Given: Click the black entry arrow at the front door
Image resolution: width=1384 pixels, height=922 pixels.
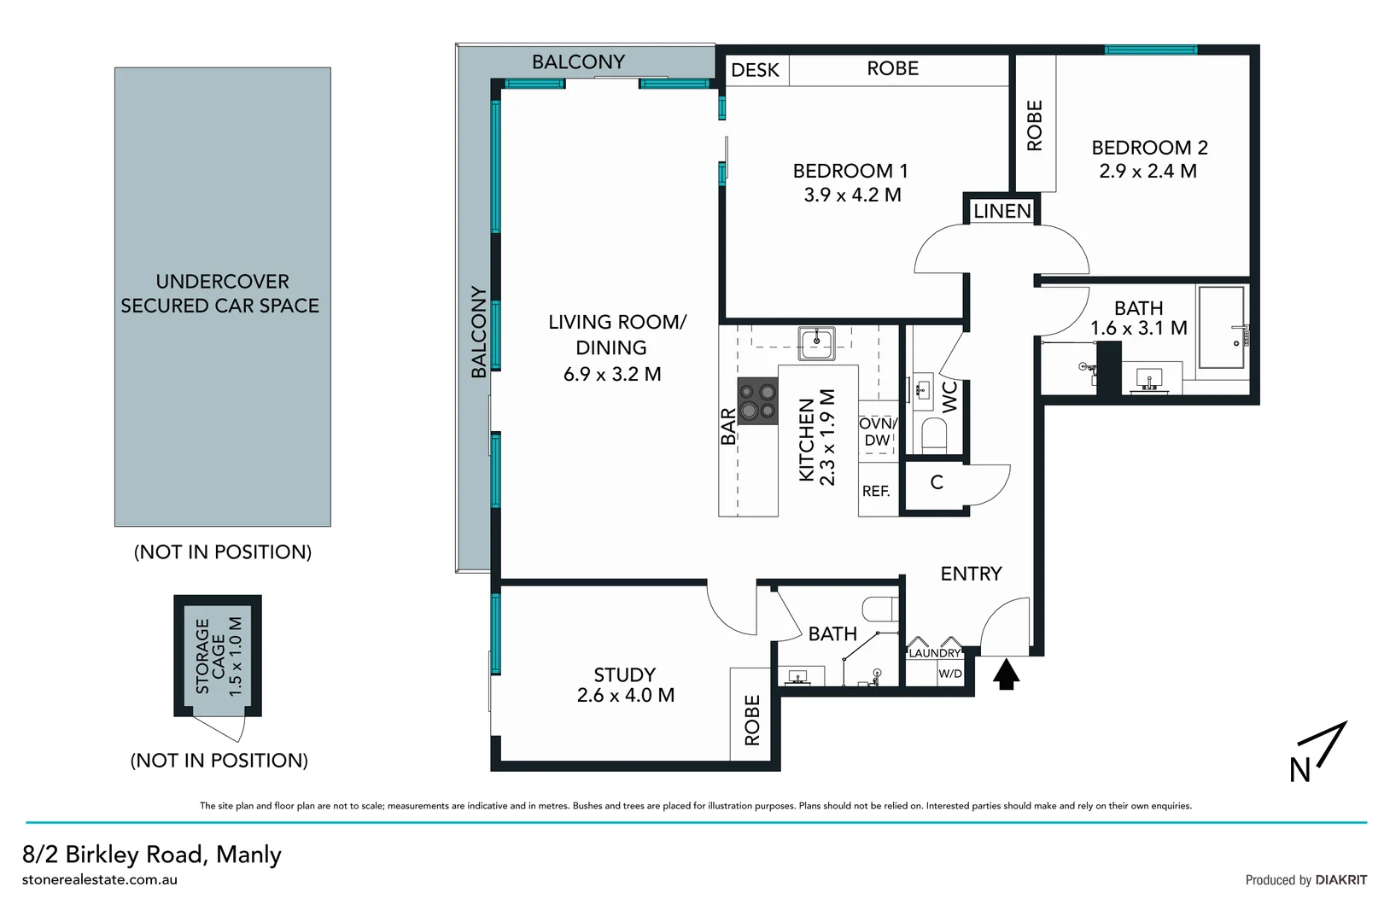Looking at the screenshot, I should click(x=1007, y=674).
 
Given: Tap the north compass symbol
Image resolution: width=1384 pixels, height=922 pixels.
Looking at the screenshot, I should click(x=1318, y=752).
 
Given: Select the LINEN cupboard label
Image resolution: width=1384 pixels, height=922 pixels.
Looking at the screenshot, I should click(x=1002, y=211).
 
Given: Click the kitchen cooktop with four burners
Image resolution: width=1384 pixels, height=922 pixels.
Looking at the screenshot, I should click(x=757, y=401).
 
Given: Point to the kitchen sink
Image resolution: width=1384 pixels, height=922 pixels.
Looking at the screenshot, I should click(x=816, y=342).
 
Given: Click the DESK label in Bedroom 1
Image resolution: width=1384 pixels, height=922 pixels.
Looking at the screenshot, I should click(x=756, y=70).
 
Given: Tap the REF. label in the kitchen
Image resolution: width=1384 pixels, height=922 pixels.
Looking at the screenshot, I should click(x=876, y=492).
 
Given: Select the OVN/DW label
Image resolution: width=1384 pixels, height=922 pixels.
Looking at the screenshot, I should click(x=878, y=432).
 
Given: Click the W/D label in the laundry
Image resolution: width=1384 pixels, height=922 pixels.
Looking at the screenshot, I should click(x=950, y=674).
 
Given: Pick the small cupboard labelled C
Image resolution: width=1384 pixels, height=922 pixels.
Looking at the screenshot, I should click(x=937, y=483).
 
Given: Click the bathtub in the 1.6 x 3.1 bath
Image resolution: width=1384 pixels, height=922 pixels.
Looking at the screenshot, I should click(x=1221, y=327).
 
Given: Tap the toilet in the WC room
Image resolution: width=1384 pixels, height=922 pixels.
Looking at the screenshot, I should click(x=935, y=435).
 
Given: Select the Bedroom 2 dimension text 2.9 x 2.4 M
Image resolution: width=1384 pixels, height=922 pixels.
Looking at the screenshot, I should click(x=1147, y=171).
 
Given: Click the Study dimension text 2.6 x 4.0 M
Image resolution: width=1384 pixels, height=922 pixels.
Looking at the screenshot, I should click(x=625, y=696).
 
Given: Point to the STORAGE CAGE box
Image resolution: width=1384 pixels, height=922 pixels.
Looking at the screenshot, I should click(x=218, y=656).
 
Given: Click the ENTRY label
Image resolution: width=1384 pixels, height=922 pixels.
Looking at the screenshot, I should click(x=971, y=574).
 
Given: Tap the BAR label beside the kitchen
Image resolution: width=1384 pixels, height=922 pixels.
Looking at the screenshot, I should click(x=728, y=426).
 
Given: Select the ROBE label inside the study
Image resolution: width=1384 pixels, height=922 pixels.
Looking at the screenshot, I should click(x=752, y=720).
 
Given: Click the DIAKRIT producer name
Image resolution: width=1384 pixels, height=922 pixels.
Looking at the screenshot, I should click(x=1340, y=880).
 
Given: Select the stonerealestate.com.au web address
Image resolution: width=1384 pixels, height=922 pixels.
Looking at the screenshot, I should click(x=100, y=880).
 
